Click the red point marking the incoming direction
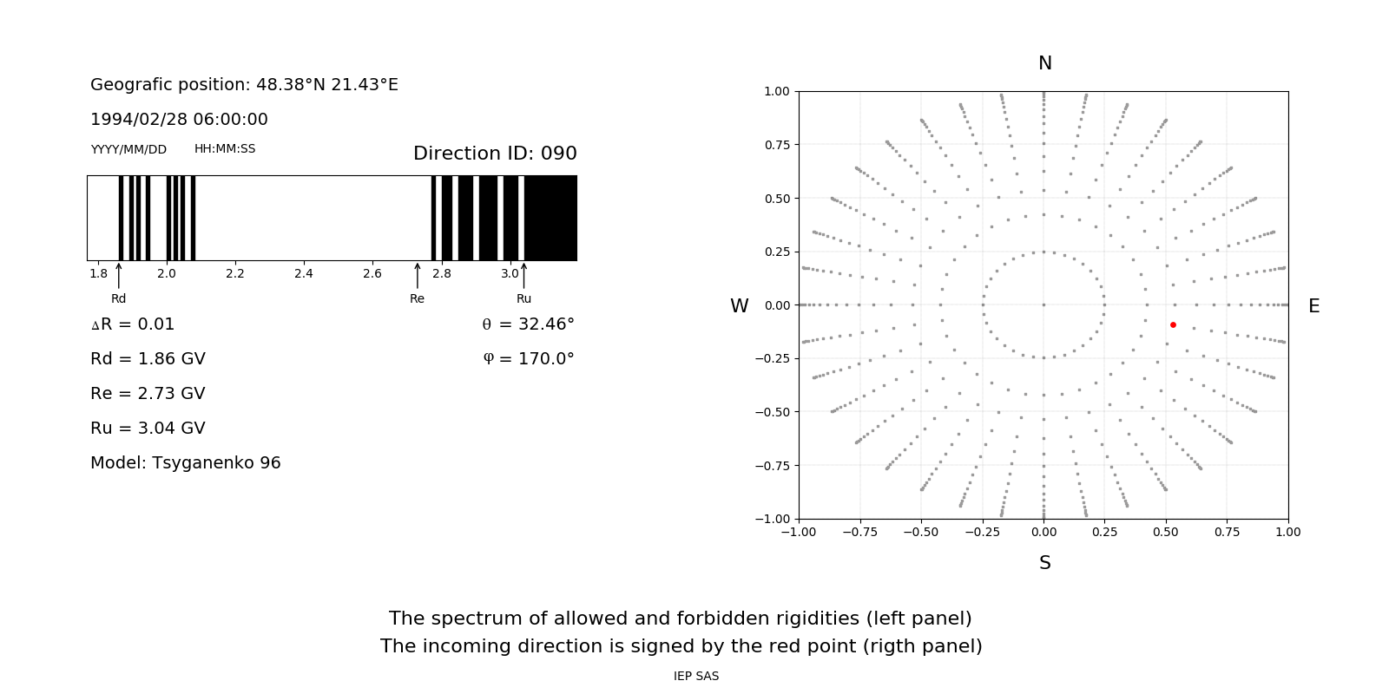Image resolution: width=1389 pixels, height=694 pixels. pyautogui.click(x=1173, y=324)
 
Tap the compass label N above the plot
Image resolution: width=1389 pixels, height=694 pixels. pyautogui.click(x=1044, y=63)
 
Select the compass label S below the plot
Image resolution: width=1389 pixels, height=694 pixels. pyautogui.click(x=1044, y=563)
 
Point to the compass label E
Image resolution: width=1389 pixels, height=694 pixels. pyautogui.click(x=1313, y=306)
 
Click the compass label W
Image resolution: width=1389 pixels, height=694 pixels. pyautogui.click(x=739, y=306)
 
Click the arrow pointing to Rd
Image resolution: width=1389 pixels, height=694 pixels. pyautogui.click(x=119, y=275)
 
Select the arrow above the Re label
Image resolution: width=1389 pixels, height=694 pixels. pyautogui.click(x=418, y=275)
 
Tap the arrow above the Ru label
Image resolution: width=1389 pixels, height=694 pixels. pyautogui.click(x=523, y=275)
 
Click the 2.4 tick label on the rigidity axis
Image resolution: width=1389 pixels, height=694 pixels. pyautogui.click(x=303, y=273)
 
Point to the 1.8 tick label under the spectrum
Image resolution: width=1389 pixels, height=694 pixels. pyautogui.click(x=98, y=273)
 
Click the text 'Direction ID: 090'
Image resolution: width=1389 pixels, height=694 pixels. pyautogui.click(x=495, y=154)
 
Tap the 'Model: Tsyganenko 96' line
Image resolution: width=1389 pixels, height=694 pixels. pyautogui.click(x=186, y=463)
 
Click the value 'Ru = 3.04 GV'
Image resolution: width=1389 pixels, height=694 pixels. pyautogui.click(x=148, y=429)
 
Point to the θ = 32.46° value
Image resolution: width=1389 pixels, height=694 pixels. pyautogui.click(x=528, y=324)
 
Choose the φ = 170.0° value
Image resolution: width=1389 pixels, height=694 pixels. pyautogui.click(x=528, y=359)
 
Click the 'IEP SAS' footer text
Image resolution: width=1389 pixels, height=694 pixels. pyautogui.click(x=696, y=676)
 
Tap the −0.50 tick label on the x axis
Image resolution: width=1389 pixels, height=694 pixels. pyautogui.click(x=920, y=532)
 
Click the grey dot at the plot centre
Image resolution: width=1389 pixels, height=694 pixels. pyautogui.click(x=1043, y=304)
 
